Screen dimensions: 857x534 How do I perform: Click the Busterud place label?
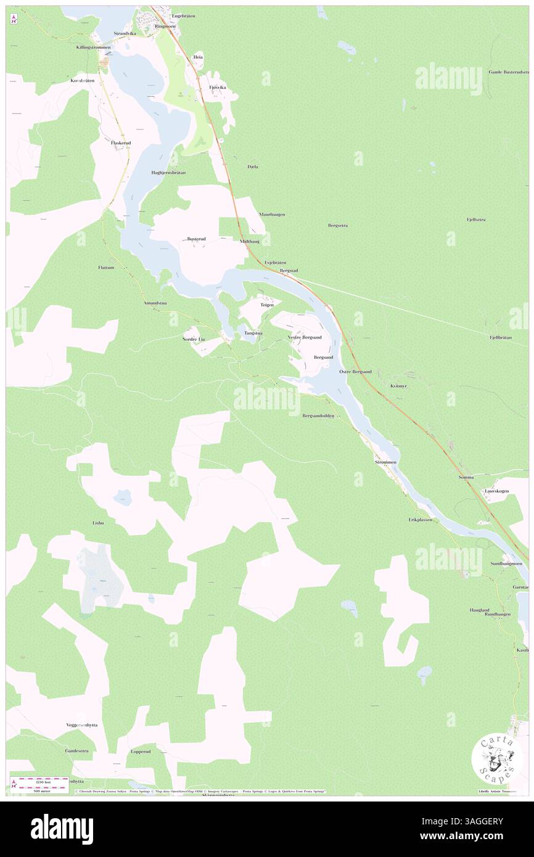click(196, 239)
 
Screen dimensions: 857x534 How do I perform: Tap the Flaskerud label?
click(121, 142)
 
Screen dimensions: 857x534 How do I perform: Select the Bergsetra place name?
click(337, 226)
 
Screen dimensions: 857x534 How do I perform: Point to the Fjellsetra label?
click(475, 219)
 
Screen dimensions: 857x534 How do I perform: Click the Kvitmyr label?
click(399, 385)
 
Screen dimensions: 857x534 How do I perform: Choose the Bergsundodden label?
click(318, 416)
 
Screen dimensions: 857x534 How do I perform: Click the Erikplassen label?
click(420, 520)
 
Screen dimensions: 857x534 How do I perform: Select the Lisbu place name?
click(98, 522)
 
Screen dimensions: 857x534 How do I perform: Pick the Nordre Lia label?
click(193, 339)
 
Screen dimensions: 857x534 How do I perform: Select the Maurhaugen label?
click(272, 214)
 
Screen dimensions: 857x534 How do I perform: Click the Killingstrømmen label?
click(94, 47)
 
